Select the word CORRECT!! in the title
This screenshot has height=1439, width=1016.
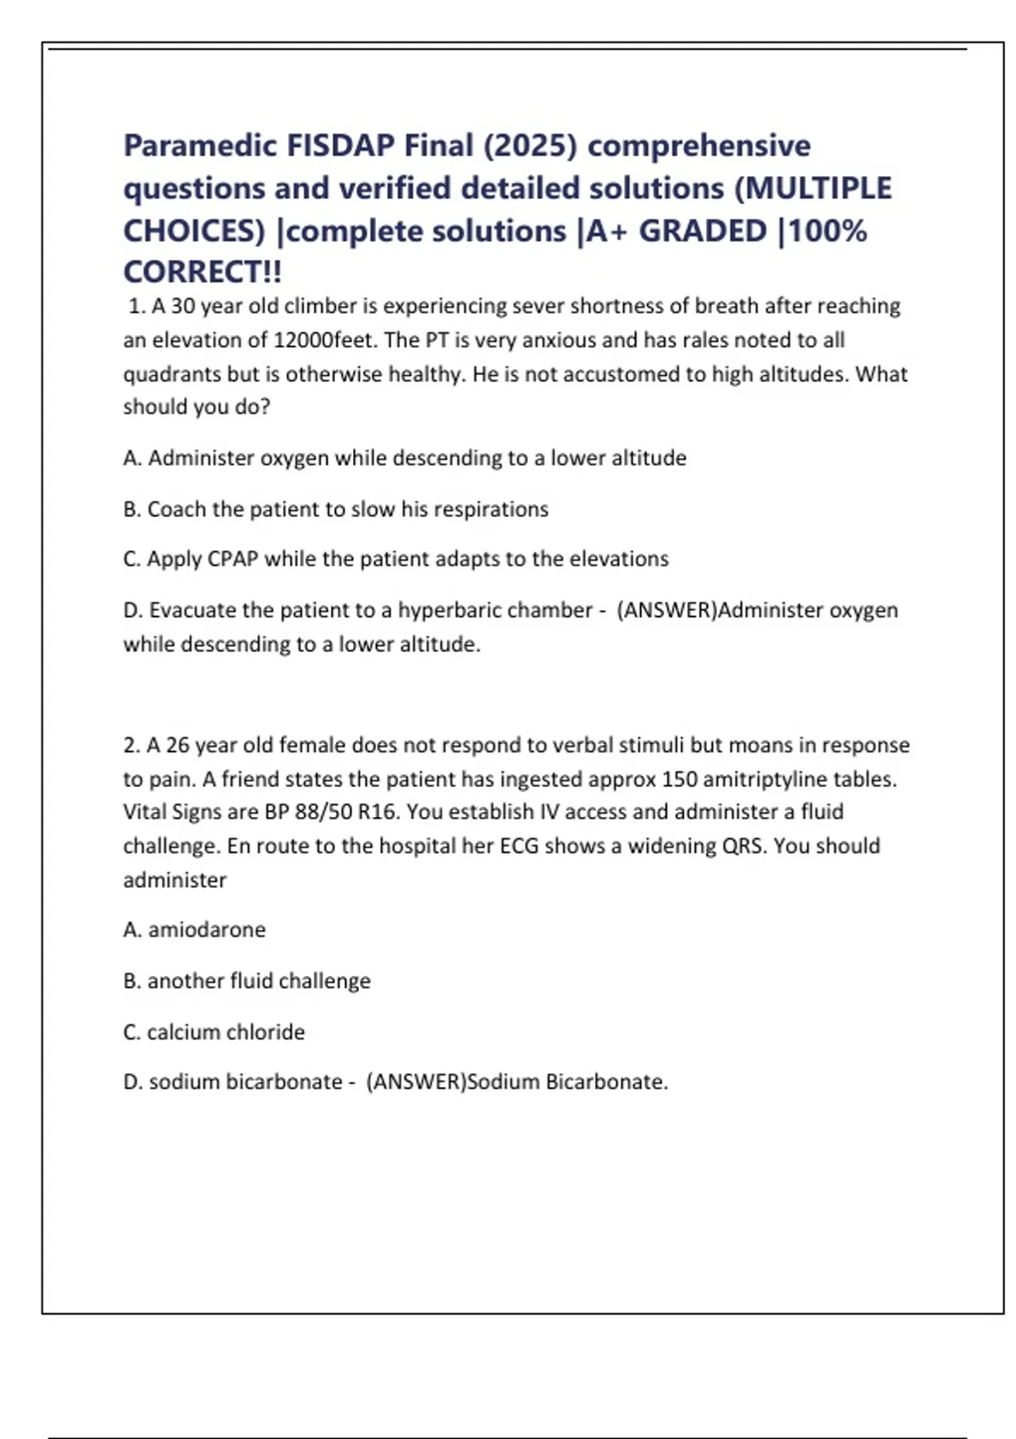(x=202, y=273)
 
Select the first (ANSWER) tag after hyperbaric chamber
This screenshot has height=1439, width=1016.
(x=666, y=610)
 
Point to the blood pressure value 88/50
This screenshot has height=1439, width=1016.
(x=323, y=812)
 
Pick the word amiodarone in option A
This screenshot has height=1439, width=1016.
(x=207, y=930)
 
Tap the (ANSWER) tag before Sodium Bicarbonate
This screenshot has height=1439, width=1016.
(x=416, y=1083)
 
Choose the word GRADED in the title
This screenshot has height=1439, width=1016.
(x=702, y=231)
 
